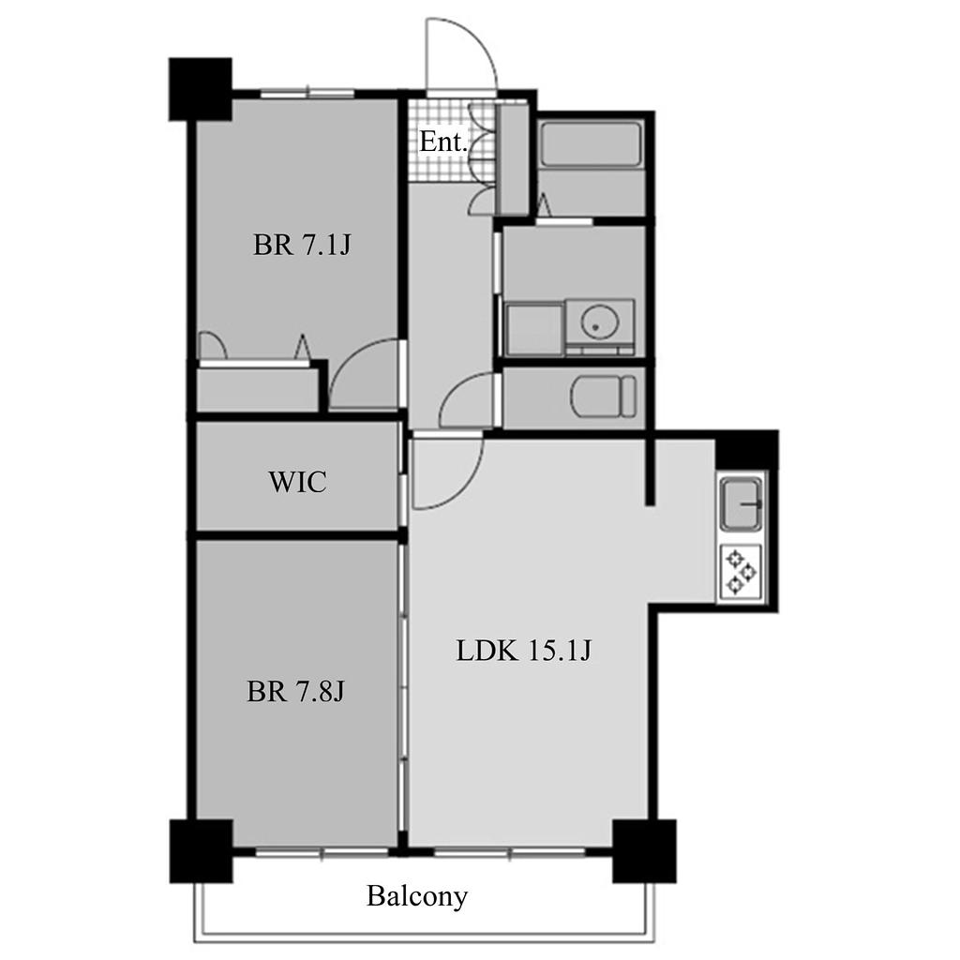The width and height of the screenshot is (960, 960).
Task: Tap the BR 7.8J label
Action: (295, 692)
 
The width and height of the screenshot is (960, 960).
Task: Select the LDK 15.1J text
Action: (523, 651)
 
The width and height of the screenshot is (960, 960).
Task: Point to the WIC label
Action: (297, 482)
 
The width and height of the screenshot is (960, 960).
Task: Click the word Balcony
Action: (417, 897)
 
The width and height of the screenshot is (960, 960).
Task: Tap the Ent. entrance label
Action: (443, 142)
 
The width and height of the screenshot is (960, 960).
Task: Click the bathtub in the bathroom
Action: (591, 144)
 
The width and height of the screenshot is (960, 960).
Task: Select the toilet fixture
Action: (604, 397)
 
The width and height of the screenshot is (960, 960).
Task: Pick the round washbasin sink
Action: (595, 322)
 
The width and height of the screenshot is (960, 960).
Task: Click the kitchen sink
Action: (742, 504)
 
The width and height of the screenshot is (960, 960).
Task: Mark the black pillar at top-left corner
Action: (201, 89)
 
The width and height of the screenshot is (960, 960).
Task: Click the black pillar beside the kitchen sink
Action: (747, 450)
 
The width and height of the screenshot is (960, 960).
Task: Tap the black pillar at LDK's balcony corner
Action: (644, 851)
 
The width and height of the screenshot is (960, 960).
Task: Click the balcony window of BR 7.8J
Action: (322, 851)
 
